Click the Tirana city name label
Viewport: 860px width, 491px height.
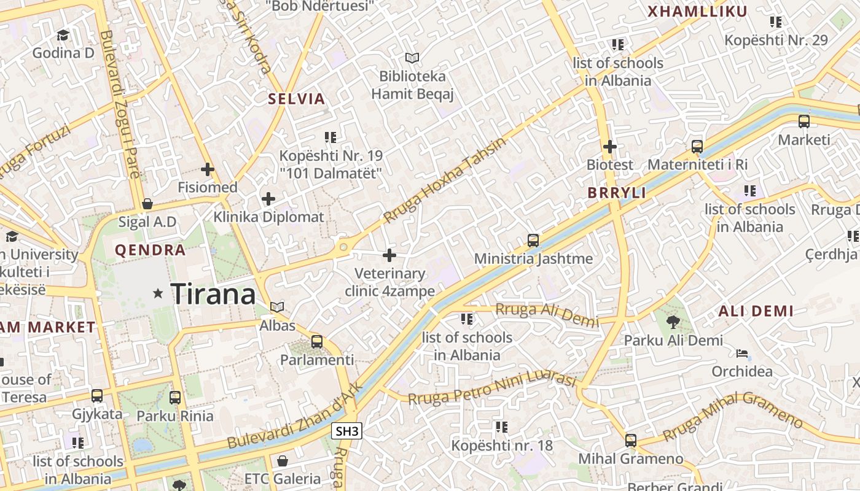213,295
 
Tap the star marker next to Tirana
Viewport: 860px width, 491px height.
158,294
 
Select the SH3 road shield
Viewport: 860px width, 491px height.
347,431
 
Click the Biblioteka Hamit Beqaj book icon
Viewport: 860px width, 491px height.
412,58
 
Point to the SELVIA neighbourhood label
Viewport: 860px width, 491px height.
296,99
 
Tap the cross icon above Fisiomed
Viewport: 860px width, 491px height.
208,169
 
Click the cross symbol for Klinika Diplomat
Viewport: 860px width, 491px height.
268,199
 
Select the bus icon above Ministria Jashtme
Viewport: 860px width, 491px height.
533,241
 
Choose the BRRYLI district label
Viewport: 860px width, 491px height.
617,193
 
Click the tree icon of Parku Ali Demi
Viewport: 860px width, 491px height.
673,322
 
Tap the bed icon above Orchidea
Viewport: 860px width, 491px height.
742,354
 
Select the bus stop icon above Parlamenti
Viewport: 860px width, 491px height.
317,342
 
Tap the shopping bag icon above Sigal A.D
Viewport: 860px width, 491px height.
147,204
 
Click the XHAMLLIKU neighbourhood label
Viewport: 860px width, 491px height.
698,12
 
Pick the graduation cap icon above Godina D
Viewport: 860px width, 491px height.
63,35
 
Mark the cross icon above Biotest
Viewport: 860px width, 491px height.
609,147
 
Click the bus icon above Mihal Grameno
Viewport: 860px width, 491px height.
631,440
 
